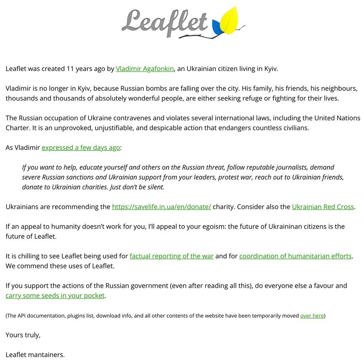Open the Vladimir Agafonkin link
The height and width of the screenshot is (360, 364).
[x=145, y=69]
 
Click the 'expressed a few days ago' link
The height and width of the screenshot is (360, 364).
[x=81, y=148]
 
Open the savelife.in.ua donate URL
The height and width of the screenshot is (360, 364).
[x=161, y=207]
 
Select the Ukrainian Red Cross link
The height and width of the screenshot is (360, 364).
[x=323, y=207]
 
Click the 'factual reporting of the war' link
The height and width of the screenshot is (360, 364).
[x=171, y=256]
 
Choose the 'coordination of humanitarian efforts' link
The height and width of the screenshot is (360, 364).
[x=295, y=256]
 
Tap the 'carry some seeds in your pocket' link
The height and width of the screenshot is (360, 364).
[x=55, y=295]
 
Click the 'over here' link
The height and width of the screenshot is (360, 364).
[x=312, y=316]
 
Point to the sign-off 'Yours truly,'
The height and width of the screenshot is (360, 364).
[x=23, y=335]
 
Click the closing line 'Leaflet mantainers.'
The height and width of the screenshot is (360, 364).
[x=35, y=354]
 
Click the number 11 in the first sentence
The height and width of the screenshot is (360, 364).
[x=70, y=69]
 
